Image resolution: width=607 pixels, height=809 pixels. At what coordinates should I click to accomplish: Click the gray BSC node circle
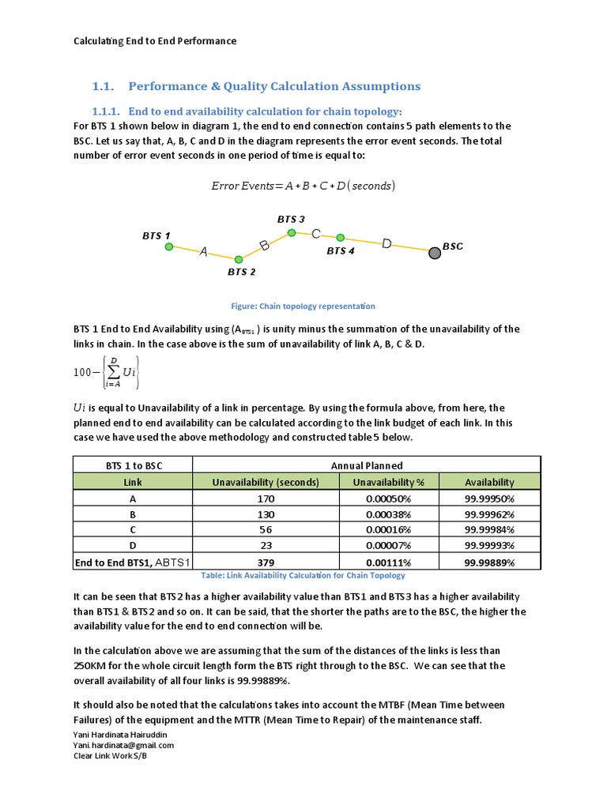(434, 253)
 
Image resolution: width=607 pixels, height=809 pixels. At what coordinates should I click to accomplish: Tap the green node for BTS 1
(168, 246)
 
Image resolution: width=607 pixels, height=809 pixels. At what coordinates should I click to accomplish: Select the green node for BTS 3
(292, 232)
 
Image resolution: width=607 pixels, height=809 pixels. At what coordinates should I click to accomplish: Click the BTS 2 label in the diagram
(241, 273)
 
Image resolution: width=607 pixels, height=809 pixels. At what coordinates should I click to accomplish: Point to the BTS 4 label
(341, 251)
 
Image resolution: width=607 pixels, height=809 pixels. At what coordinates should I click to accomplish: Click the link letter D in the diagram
(386, 244)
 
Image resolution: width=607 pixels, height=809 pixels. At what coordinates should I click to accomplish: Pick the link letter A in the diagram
(203, 252)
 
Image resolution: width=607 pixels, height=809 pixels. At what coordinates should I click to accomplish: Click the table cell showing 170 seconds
(266, 499)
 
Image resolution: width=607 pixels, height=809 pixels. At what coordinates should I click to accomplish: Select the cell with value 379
(266, 563)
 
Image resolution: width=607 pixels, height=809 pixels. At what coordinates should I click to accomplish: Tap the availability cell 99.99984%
(489, 530)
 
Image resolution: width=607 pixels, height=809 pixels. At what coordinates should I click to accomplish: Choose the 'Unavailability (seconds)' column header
(266, 482)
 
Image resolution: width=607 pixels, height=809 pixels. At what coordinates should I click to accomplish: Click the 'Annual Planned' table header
(366, 465)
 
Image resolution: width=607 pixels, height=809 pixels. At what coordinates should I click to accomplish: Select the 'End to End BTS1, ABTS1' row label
(133, 563)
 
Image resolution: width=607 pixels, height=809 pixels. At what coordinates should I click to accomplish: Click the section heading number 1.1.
(104, 86)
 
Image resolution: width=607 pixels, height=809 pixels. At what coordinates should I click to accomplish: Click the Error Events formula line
(303, 186)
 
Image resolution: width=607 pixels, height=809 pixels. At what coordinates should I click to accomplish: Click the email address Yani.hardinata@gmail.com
(123, 745)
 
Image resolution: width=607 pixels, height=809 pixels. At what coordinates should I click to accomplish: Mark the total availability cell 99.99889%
(489, 563)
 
